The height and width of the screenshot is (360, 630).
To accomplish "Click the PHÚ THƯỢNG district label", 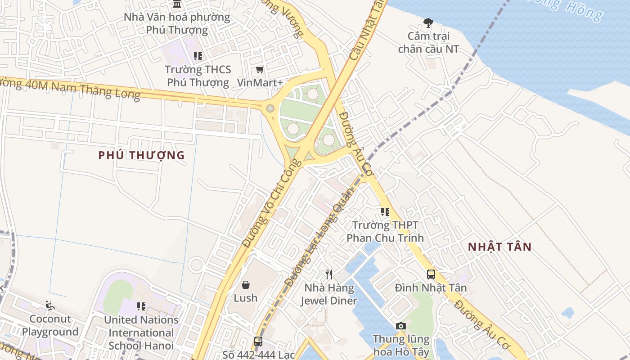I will pyautogui.click(x=141, y=155).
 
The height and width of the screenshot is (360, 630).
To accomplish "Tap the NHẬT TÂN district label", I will pyautogui.click(x=499, y=247).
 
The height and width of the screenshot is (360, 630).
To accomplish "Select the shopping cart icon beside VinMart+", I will pyautogui.click(x=260, y=69).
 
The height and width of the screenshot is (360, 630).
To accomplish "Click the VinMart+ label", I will pyautogui.click(x=260, y=82).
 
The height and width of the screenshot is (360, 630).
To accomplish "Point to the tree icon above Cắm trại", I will pyautogui.click(x=428, y=22).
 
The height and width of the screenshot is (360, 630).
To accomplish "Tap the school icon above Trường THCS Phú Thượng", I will pyautogui.click(x=198, y=56).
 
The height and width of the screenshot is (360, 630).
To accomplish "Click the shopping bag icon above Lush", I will pyautogui.click(x=246, y=284).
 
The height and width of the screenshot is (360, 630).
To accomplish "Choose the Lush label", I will pyautogui.click(x=246, y=298).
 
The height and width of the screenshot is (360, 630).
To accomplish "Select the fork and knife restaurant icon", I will pyautogui.click(x=329, y=274).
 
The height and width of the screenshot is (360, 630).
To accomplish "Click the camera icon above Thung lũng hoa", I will pyautogui.click(x=400, y=326).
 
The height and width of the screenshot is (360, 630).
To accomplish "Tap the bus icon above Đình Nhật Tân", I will pyautogui.click(x=431, y=274).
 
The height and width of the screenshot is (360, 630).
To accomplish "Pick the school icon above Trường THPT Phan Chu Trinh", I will pyautogui.click(x=385, y=211).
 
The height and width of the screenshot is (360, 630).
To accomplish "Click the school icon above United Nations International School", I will pyautogui.click(x=141, y=306).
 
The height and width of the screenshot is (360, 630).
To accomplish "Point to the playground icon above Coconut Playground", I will pyautogui.click(x=50, y=306).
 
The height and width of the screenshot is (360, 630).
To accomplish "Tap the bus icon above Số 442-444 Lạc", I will pyautogui.click(x=258, y=341).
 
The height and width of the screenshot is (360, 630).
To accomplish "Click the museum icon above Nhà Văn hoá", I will pyautogui.click(x=177, y=4).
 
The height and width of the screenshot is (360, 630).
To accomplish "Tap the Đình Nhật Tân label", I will pyautogui.click(x=431, y=288).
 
